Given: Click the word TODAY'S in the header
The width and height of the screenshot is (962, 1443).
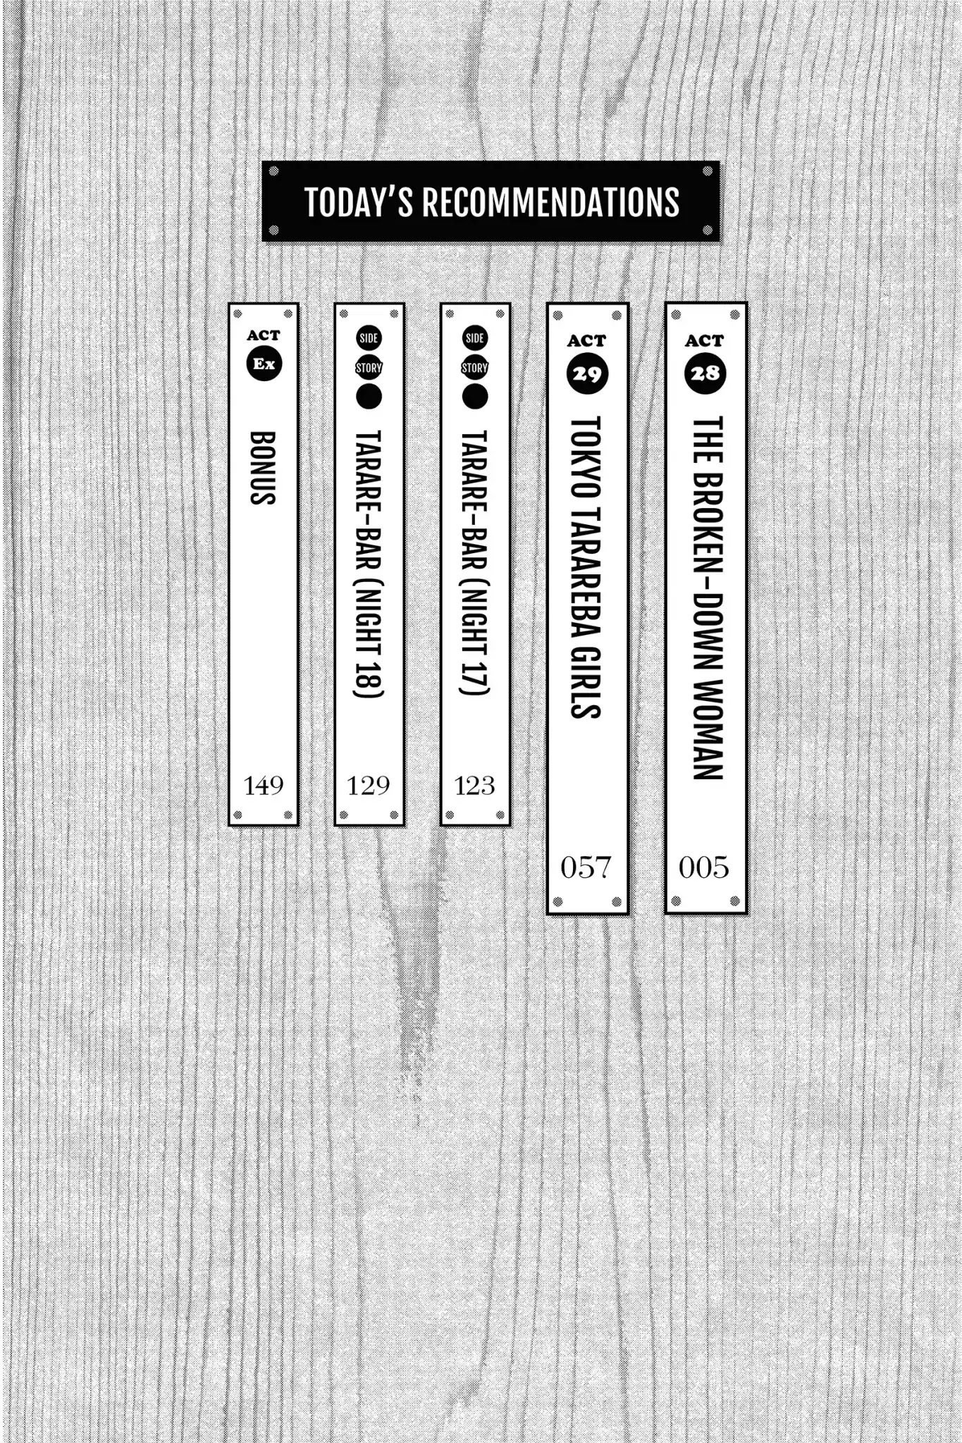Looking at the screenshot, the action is point(359,202).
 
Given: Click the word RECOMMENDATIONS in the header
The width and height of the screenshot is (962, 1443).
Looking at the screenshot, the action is point(551,202).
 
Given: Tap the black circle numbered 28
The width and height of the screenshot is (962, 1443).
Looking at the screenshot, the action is point(705,373).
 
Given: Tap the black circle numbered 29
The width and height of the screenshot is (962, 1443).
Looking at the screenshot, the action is point(587,373).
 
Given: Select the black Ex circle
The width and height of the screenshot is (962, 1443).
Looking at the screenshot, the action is point(264,364).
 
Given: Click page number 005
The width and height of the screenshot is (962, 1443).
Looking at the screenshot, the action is point(704,867).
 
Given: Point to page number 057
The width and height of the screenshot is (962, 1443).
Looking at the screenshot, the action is point(586,867).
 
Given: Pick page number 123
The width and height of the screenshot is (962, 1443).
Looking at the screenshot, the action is point(474,786).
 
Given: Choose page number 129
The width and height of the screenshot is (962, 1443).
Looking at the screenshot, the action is point(369,786).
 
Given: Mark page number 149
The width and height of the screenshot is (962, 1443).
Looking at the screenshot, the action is point(264,786).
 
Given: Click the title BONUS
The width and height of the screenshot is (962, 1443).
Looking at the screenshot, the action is point(263,468).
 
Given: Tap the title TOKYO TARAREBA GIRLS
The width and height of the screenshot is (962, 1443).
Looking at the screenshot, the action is point(586,567).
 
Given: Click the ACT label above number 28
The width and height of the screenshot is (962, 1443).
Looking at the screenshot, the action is point(705,341).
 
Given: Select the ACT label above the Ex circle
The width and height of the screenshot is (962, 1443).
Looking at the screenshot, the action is point(264,335).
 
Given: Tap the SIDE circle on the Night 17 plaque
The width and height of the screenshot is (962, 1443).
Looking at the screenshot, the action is point(475,338).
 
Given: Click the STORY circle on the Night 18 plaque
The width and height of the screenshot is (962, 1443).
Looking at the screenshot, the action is point(369,368).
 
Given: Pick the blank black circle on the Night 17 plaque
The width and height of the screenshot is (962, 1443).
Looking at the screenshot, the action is point(475,397).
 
